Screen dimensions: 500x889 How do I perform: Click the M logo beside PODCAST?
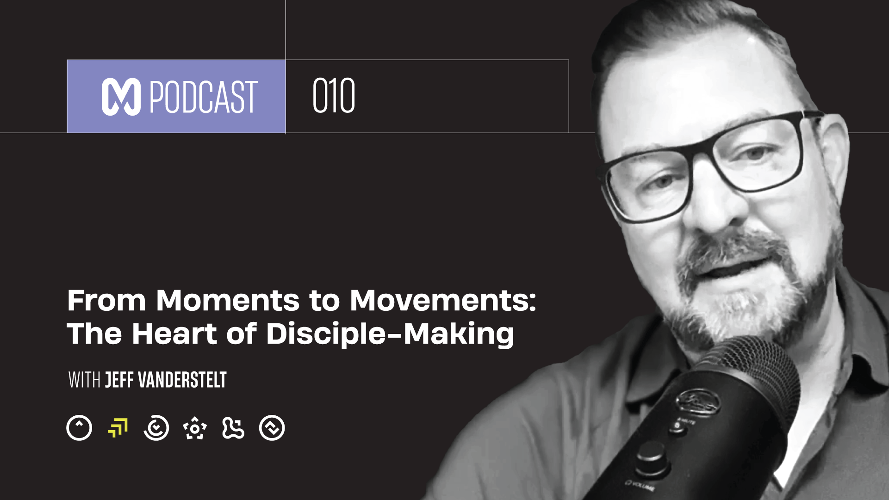[121, 97]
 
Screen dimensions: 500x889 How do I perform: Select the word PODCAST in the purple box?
[203, 97]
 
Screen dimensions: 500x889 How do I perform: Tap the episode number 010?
[334, 96]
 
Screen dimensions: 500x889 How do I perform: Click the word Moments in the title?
[228, 301]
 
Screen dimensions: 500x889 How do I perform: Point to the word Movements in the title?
[442, 301]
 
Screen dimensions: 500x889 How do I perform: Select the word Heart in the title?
[174, 334]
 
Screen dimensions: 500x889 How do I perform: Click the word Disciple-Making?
[390, 334]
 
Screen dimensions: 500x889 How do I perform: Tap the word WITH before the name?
[84, 380]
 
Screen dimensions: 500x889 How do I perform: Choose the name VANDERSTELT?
[183, 380]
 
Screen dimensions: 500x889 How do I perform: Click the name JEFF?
[120, 380]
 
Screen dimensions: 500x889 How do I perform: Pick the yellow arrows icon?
[118, 428]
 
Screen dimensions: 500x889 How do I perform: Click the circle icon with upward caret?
[79, 428]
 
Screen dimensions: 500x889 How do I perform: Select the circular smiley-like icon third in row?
[156, 428]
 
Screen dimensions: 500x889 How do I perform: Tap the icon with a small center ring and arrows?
[195, 428]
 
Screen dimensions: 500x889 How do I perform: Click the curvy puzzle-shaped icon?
[233, 428]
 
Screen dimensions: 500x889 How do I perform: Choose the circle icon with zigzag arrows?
[272, 428]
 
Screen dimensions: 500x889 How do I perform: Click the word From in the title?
[107, 301]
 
